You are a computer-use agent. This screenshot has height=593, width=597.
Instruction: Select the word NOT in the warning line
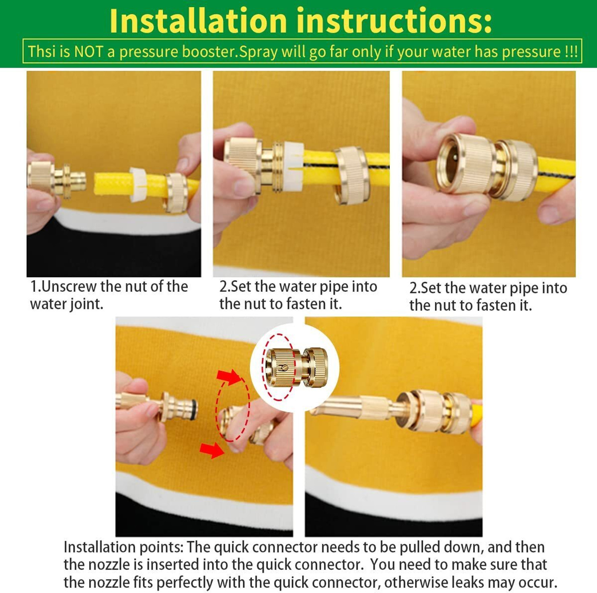click(89, 52)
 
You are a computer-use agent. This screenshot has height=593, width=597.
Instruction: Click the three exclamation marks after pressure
click(571, 52)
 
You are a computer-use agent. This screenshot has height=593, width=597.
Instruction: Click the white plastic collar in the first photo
click(138, 184)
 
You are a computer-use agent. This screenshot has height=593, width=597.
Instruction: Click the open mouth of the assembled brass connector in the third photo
click(452, 164)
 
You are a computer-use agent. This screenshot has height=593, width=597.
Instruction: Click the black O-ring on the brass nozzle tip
click(193, 410)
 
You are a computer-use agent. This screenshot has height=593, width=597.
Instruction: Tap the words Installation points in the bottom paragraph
click(123, 548)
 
